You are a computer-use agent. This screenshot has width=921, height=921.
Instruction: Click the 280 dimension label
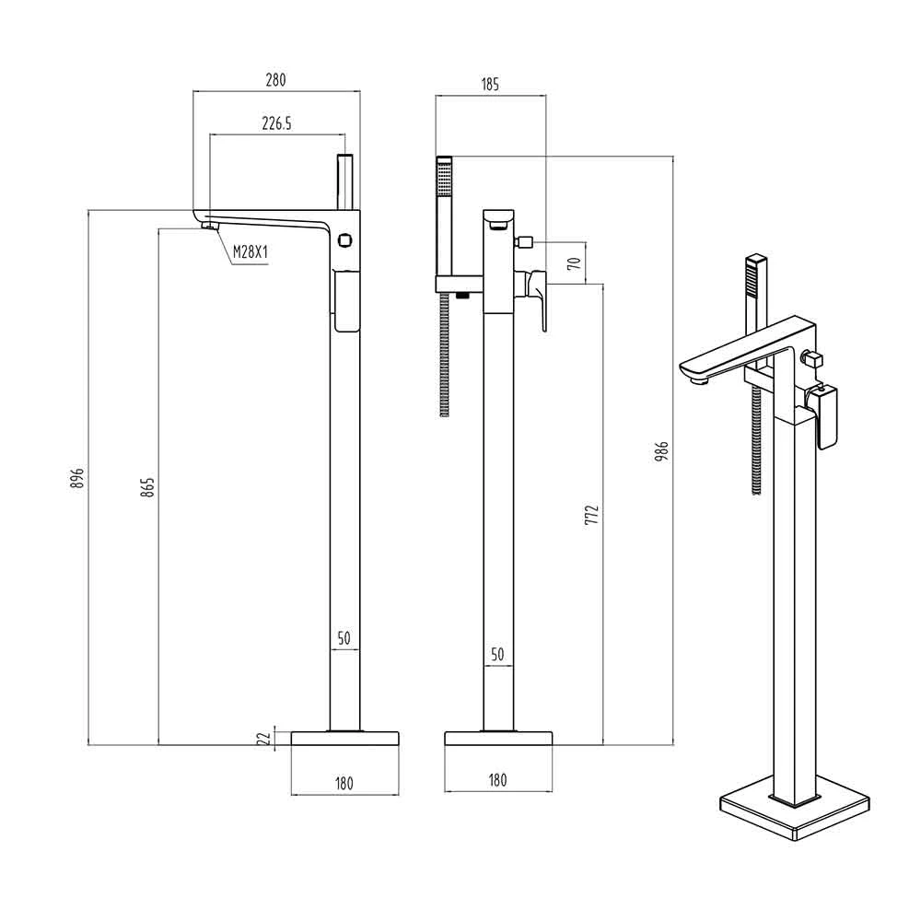click(275, 79)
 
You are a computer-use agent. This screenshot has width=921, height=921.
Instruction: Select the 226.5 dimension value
click(276, 123)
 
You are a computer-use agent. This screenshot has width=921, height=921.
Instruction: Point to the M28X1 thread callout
click(251, 252)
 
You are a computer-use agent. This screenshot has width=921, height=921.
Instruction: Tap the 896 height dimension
click(77, 478)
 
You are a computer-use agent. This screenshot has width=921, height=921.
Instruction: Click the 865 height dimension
click(148, 487)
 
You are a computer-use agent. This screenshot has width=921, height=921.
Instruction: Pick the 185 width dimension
click(490, 85)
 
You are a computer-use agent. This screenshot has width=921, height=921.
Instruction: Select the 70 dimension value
click(575, 262)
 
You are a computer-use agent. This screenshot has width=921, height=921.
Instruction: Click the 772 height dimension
click(592, 515)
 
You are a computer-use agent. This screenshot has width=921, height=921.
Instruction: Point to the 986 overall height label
click(662, 451)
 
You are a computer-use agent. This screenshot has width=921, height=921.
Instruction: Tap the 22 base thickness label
click(265, 739)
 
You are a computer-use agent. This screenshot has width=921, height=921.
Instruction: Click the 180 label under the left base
click(344, 784)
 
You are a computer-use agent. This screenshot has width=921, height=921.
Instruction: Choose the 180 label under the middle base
click(497, 780)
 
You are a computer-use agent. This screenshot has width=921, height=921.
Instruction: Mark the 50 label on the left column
click(344, 638)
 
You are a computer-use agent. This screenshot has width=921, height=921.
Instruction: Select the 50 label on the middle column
click(497, 654)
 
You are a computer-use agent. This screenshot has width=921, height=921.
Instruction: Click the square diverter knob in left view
click(344, 240)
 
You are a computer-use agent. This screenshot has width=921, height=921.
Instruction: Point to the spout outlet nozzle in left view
click(210, 225)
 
